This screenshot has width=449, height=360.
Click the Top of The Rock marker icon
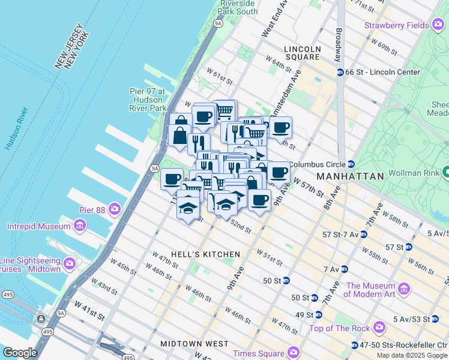tap(379, 328)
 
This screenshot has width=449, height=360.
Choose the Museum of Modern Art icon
tap(404, 290)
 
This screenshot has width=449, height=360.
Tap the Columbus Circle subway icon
tap(351, 164)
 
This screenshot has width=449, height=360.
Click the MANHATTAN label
tap(350, 176)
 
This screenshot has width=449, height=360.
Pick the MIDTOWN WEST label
tap(194, 344)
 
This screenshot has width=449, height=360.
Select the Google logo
tap(20, 353)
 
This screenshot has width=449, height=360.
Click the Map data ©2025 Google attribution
tap(412, 355)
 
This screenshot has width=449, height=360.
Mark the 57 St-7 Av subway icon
tap(363, 234)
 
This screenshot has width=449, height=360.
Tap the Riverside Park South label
tap(238, 7)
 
